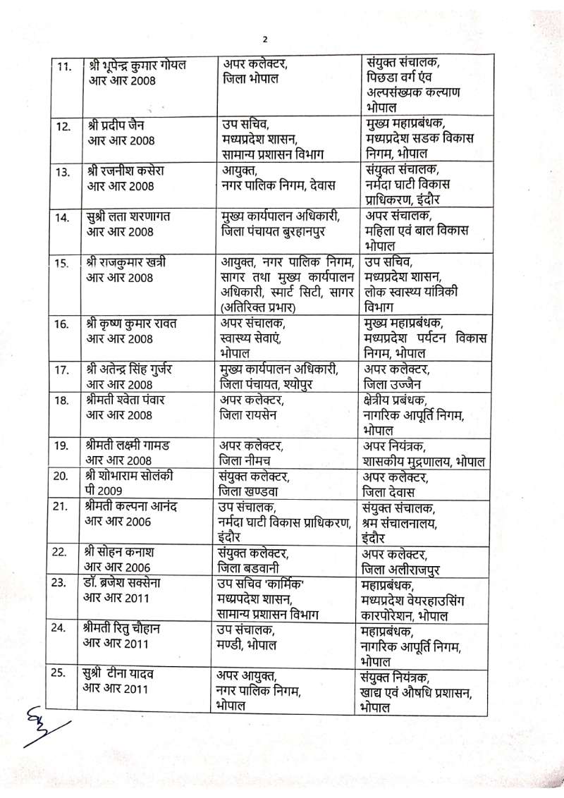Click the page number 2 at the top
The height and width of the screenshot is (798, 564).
266,39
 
